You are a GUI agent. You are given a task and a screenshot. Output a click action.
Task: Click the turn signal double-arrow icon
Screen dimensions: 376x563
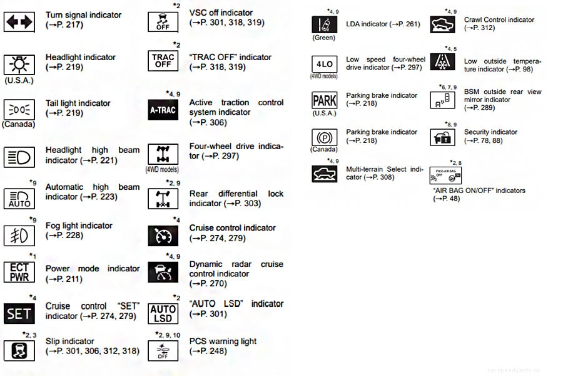click(19, 22)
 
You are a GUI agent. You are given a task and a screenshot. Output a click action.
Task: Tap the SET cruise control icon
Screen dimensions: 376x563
click(19, 313)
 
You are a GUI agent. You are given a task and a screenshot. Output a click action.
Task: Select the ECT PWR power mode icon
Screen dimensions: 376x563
click(19, 272)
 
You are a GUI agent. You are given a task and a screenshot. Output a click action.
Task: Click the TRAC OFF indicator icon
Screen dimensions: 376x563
click(163, 61)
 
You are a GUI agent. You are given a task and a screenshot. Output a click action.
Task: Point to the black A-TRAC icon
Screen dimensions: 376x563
click(163, 110)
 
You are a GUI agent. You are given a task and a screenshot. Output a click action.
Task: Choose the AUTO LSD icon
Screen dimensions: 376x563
click(163, 313)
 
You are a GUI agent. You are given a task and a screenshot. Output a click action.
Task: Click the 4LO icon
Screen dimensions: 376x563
click(324, 64)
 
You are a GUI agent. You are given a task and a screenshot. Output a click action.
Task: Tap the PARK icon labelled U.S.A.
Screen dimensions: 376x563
click(324, 100)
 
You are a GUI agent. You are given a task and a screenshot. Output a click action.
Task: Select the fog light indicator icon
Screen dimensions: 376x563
click(19, 235)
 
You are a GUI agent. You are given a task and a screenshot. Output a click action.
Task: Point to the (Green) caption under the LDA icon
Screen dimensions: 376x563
click(324, 38)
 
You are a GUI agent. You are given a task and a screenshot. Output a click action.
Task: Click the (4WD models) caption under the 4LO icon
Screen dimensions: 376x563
click(324, 76)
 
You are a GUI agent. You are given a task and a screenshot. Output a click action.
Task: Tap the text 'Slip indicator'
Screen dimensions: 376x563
click(70, 342)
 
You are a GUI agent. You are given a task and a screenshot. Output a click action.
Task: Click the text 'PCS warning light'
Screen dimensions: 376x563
click(223, 342)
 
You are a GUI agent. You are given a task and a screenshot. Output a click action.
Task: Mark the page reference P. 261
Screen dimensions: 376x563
click(407, 24)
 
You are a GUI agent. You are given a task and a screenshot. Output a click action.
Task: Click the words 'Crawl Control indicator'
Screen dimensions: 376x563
click(499, 20)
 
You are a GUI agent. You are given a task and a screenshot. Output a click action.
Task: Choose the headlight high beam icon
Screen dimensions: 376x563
click(19, 156)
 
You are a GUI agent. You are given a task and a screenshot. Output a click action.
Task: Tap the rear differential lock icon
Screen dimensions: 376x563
click(163, 199)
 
